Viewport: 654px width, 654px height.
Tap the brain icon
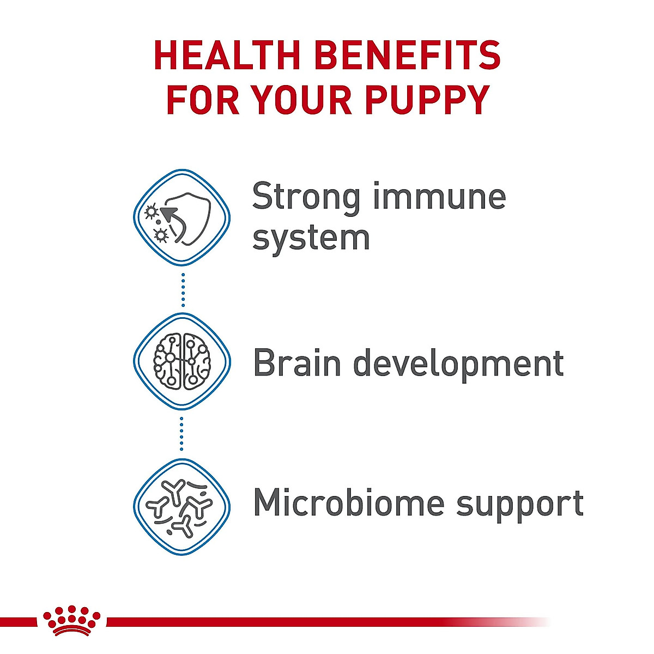pyautogui.click(x=182, y=361)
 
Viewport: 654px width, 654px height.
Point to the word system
pyautogui.click(x=311, y=239)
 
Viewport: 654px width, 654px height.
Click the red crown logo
pyautogui.click(x=71, y=620)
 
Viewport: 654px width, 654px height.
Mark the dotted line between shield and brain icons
pyautogui.click(x=183, y=289)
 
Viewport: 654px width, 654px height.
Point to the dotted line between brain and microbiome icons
pyautogui.click(x=182, y=433)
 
